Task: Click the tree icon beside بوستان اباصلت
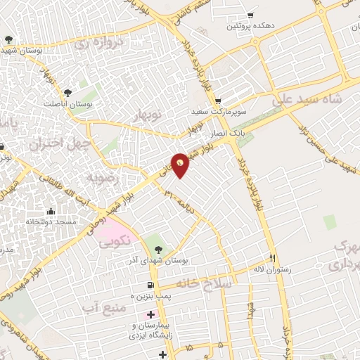pos(67,92)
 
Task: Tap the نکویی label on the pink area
pos(115,243)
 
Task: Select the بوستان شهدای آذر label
pos(156,261)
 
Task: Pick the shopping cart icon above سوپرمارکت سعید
pos(217,101)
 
